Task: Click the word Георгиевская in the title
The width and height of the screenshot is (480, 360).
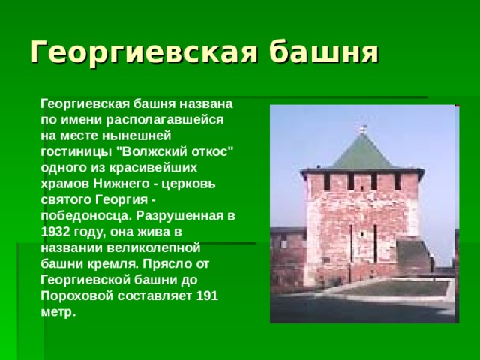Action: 143,52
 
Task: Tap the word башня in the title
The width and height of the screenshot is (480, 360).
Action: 323,52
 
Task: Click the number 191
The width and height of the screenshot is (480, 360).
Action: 206,294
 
